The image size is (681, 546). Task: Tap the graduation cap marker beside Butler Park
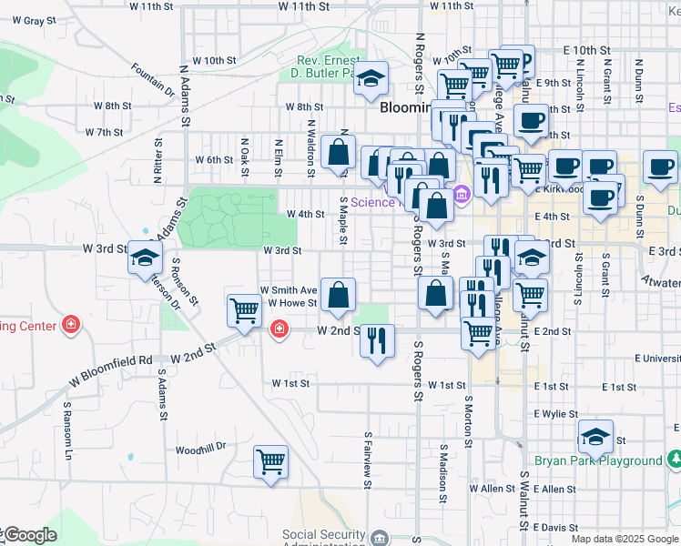tap(371, 79)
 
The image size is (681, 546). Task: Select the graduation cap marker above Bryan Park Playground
tap(595, 437)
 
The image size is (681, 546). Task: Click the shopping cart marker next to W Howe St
tap(244, 309)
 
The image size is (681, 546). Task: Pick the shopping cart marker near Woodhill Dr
tap(271, 462)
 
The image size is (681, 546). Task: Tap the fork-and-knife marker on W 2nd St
tap(377, 341)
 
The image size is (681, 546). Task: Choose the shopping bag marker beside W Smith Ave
tap(338, 295)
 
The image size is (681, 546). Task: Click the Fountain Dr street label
tap(152, 79)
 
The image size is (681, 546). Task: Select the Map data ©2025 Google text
tap(624, 539)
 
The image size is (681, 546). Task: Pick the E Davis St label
tap(555, 528)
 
